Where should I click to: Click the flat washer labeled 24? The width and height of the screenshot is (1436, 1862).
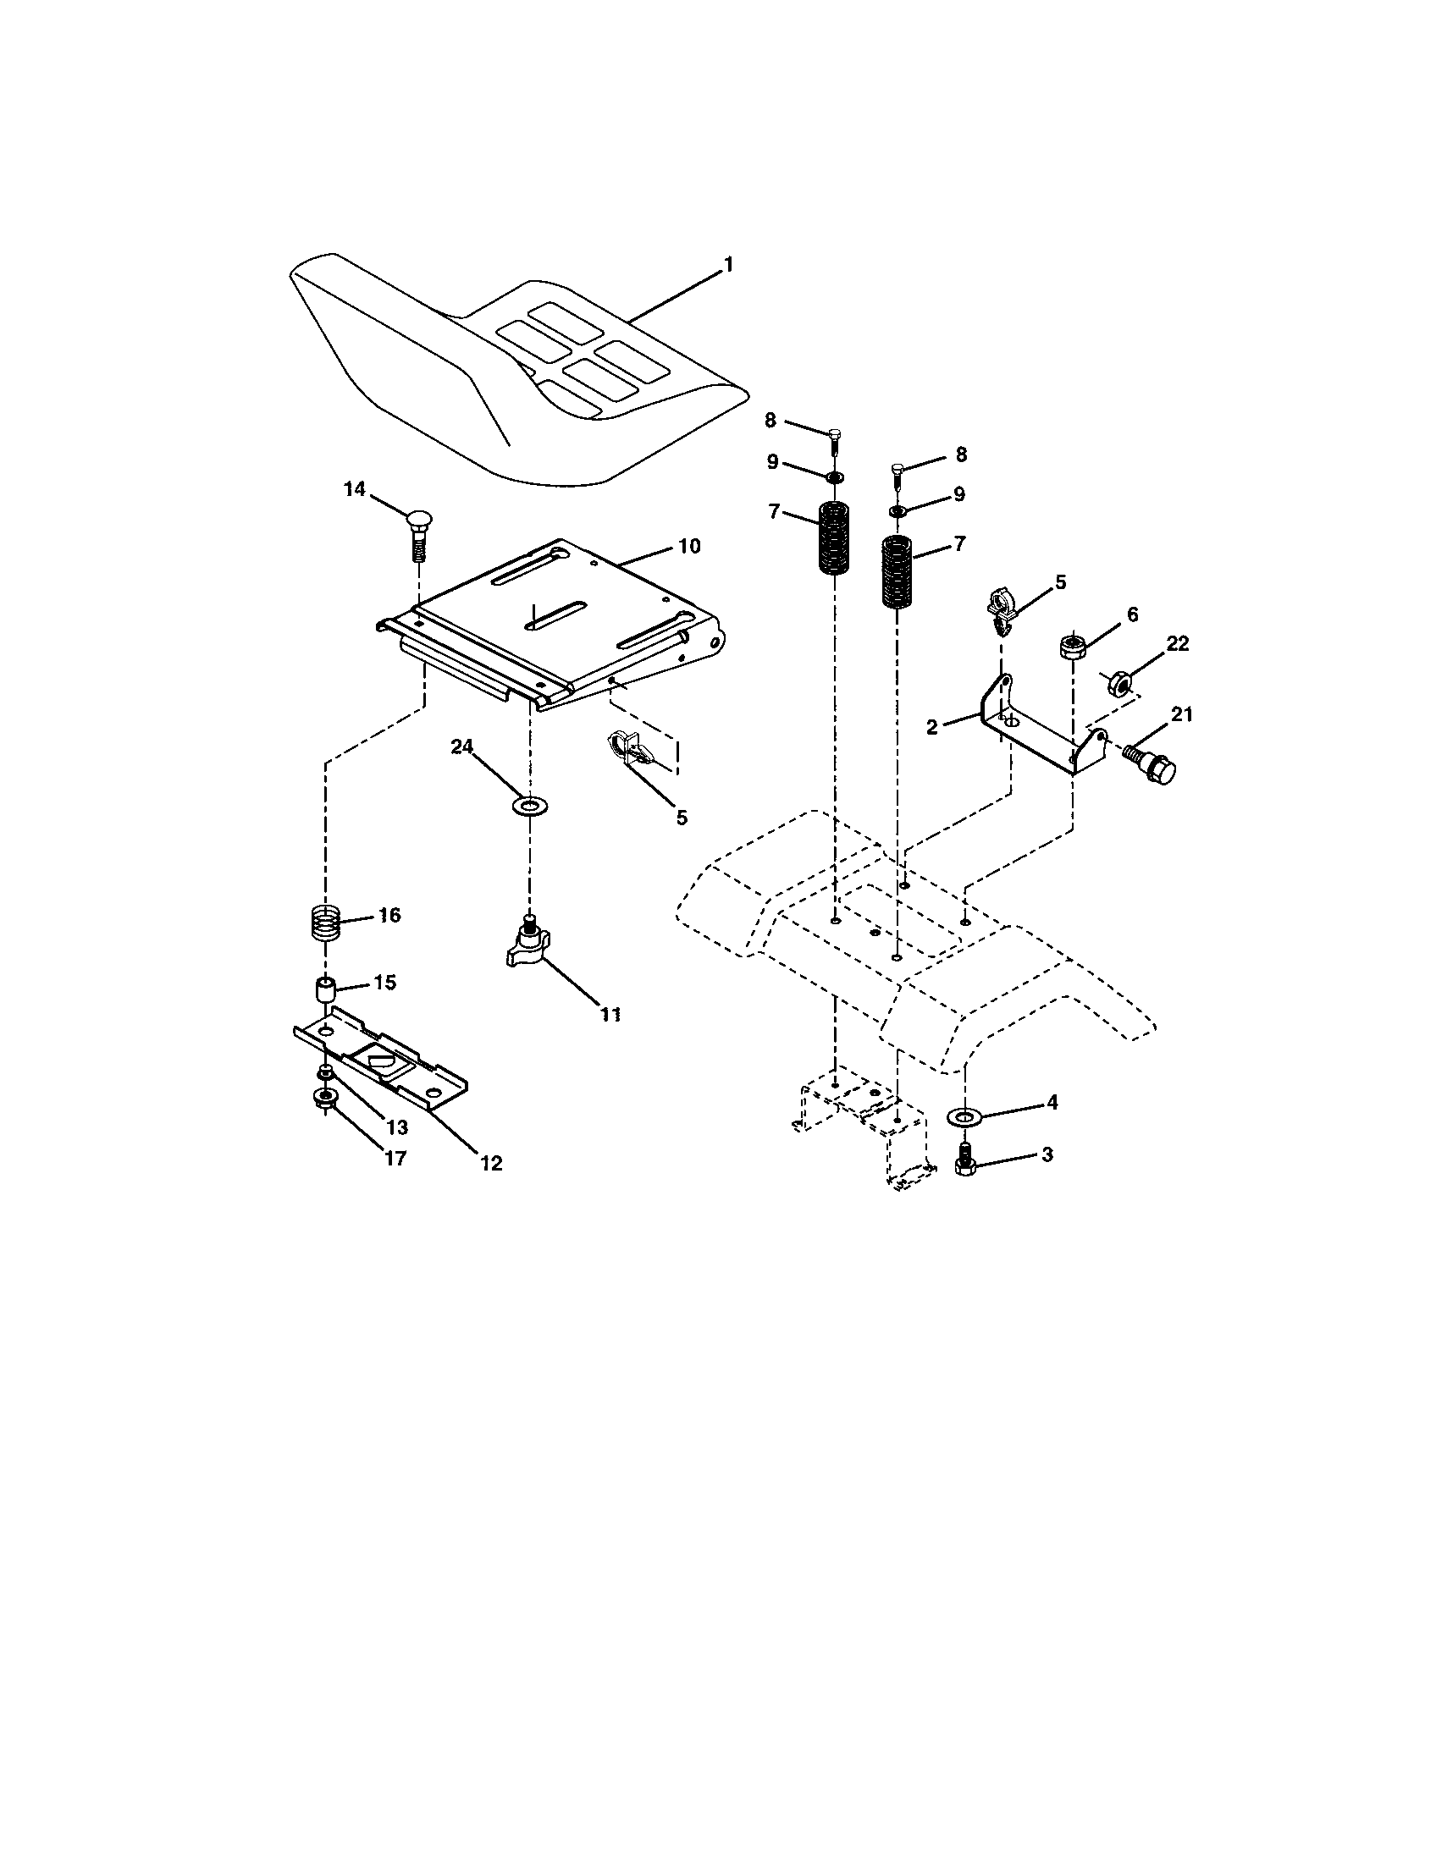(x=530, y=805)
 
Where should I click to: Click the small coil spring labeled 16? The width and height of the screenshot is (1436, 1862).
(x=324, y=923)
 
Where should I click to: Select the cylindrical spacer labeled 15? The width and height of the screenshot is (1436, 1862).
(x=324, y=993)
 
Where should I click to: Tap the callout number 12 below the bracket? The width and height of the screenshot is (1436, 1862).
(x=491, y=1162)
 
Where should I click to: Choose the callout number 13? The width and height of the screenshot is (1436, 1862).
(x=397, y=1127)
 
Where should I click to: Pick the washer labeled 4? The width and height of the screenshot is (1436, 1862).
(x=964, y=1116)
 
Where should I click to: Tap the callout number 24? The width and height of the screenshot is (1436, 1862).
(x=461, y=746)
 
